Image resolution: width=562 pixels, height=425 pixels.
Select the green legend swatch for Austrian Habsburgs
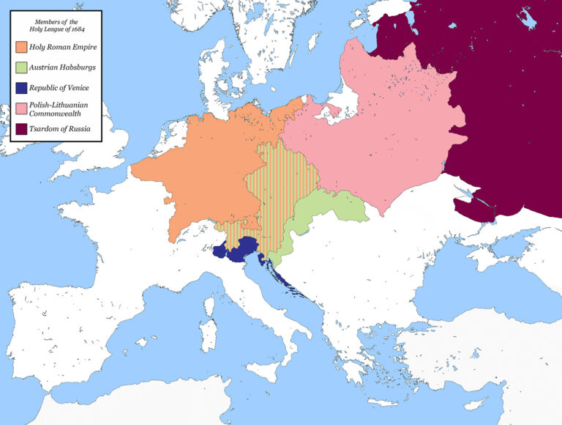[20, 67]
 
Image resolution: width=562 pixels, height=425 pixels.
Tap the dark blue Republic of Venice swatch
[20, 88]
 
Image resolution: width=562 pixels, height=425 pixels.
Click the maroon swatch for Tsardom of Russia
[20, 130]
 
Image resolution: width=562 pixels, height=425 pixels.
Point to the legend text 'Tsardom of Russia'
[60, 130]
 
